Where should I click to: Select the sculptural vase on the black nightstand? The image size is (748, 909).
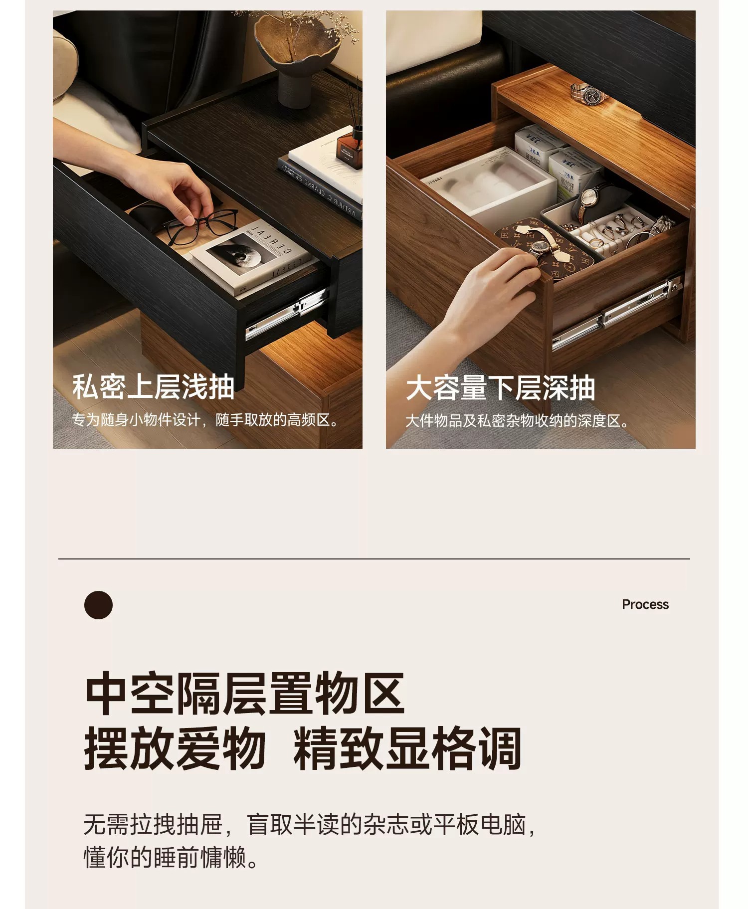pos(297,55)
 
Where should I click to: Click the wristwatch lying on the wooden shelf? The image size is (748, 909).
pos(588,93)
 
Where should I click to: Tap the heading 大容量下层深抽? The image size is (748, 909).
pos(500,388)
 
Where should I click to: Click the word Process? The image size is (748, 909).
pos(645,604)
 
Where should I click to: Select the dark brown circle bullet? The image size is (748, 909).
pos(98,605)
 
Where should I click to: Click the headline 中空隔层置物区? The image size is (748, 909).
pos(244,693)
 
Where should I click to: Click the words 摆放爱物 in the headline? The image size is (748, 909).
pos(175,748)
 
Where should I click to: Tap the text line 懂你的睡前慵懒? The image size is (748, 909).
pos(171,857)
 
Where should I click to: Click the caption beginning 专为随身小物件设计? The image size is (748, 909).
pos(205,420)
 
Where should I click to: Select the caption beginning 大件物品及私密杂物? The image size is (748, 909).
pos(517,421)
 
